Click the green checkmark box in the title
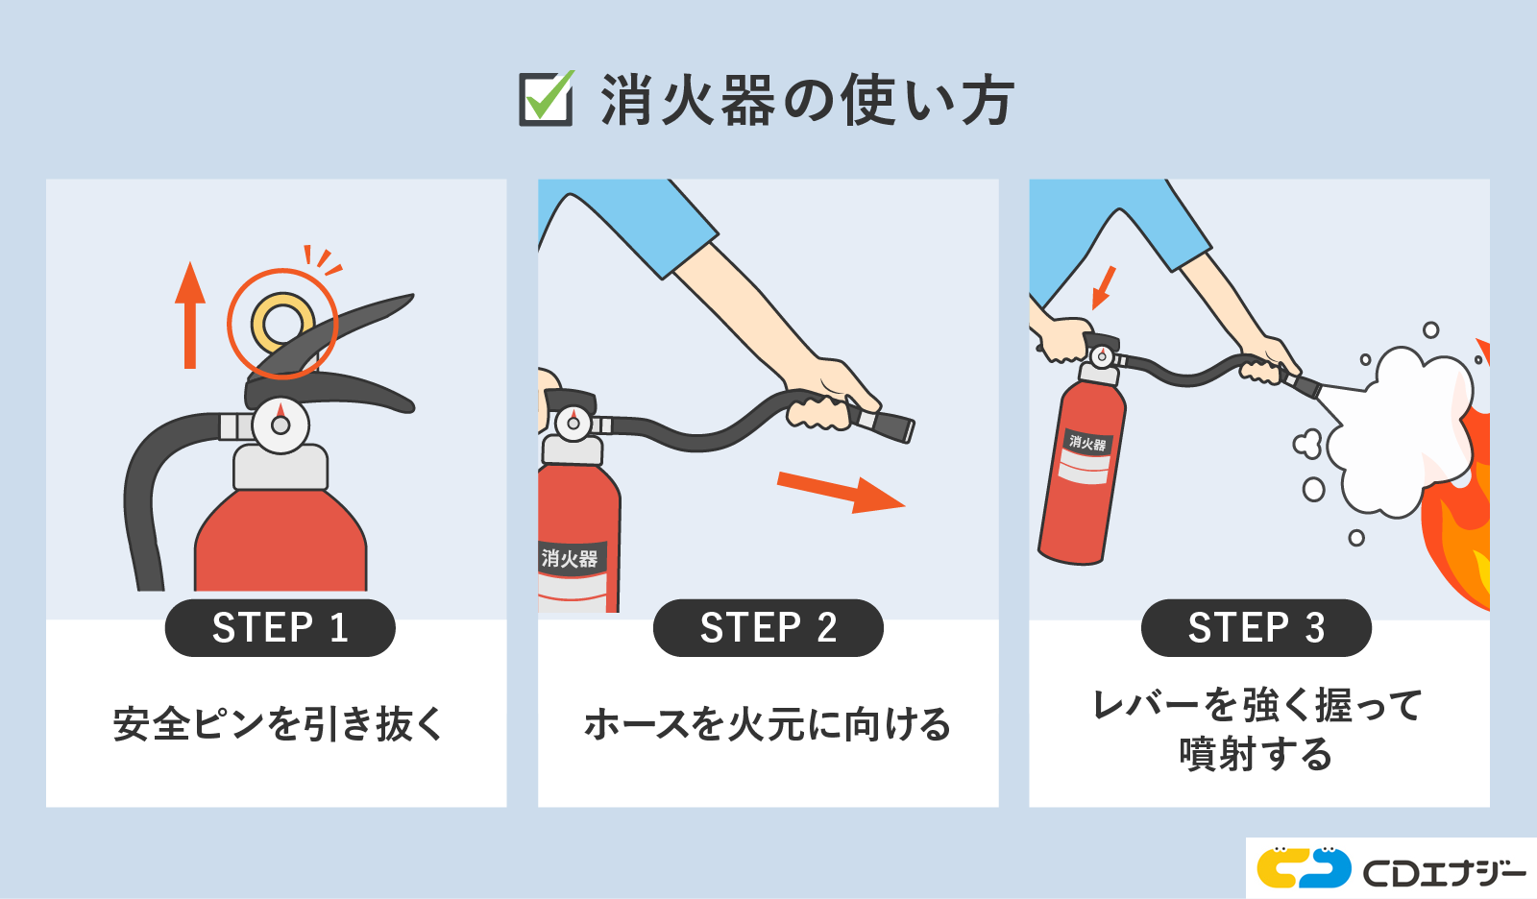pyautogui.click(x=546, y=99)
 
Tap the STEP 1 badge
pyautogui.click(x=280, y=628)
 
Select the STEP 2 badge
pyautogui.click(x=768, y=628)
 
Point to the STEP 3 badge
pyautogui.click(x=1256, y=628)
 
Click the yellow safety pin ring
pyautogui.click(x=282, y=323)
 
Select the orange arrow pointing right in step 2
pyautogui.click(x=840, y=492)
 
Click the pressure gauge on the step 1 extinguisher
pyautogui.click(x=281, y=424)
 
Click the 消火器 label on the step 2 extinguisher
pyautogui.click(x=570, y=558)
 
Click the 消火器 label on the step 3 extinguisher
pyautogui.click(x=1086, y=443)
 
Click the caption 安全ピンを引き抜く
pyautogui.click(x=278, y=724)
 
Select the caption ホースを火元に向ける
pyautogui.click(x=768, y=724)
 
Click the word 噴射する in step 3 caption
pyautogui.click(x=1256, y=755)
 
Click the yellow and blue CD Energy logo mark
pyautogui.click(x=1304, y=867)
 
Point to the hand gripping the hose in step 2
pyautogui.click(x=821, y=403)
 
